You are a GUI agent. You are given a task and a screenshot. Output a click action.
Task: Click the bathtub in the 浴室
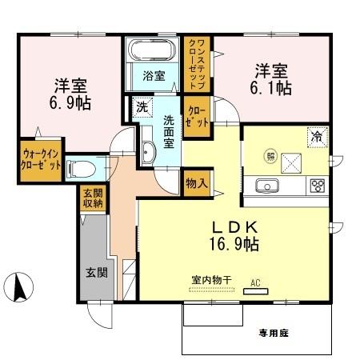tap(153, 50)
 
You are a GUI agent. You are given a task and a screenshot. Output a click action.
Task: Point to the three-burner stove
tap(318, 186)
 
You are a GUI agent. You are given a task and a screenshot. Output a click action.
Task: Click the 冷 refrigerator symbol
tap(317, 137)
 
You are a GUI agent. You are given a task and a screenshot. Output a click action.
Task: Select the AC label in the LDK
tap(256, 282)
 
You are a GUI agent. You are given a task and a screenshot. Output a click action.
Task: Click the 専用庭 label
tap(272, 333)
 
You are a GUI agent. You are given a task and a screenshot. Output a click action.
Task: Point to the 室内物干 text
tap(211, 280)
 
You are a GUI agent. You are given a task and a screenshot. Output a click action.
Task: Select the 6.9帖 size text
tap(71, 102)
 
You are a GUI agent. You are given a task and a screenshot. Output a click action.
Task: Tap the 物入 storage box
tap(197, 183)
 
